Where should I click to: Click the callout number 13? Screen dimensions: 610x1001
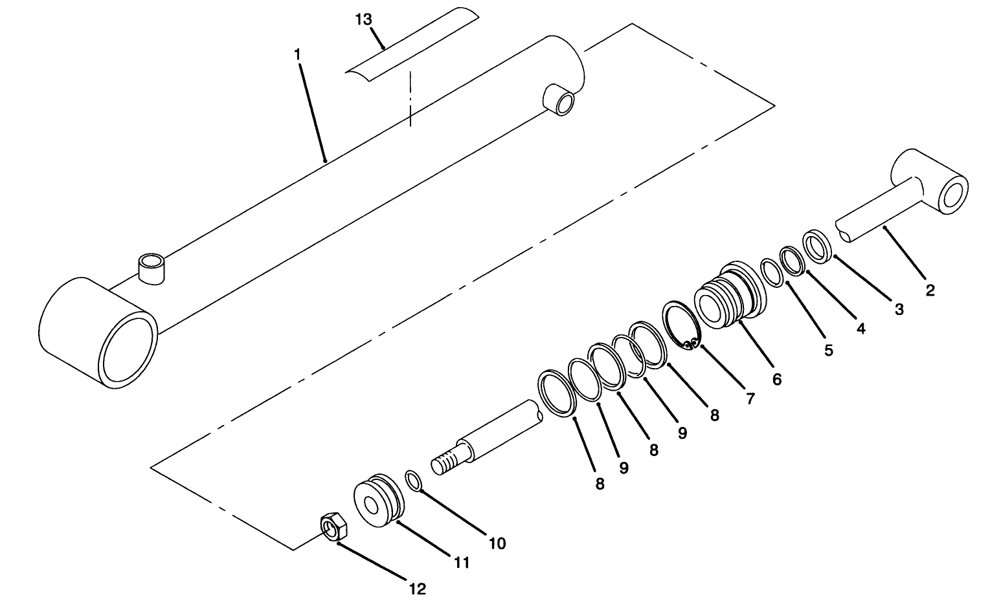click(x=363, y=19)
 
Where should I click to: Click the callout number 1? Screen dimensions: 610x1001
click(x=297, y=54)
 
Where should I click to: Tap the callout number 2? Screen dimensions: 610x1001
click(x=930, y=290)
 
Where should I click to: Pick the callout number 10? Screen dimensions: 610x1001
click(x=497, y=543)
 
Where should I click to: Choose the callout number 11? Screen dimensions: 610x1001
click(x=460, y=563)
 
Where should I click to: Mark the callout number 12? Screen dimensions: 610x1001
click(x=418, y=589)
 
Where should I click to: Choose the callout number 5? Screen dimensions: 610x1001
click(x=828, y=351)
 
